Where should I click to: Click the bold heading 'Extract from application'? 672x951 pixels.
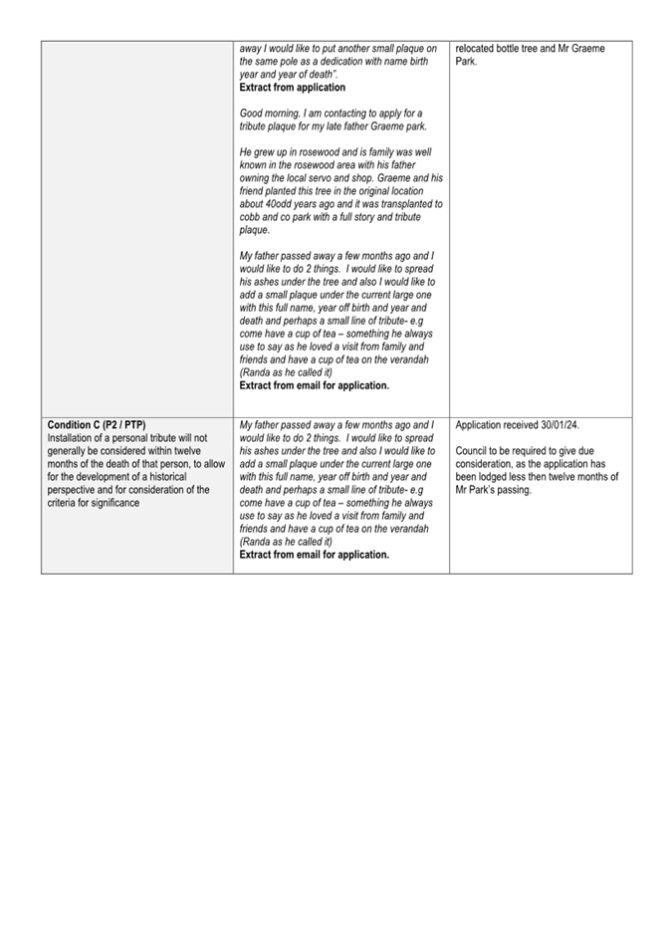293,88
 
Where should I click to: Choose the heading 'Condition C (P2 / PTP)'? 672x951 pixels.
97,425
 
